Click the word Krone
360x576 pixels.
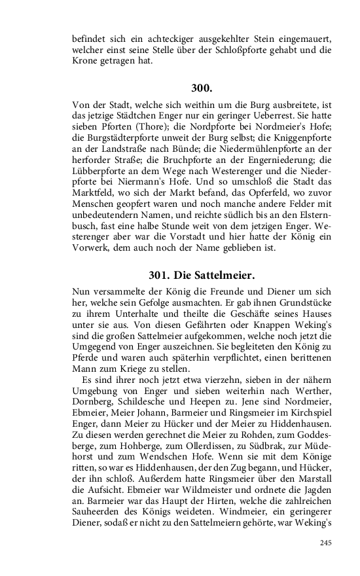tap(84, 61)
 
